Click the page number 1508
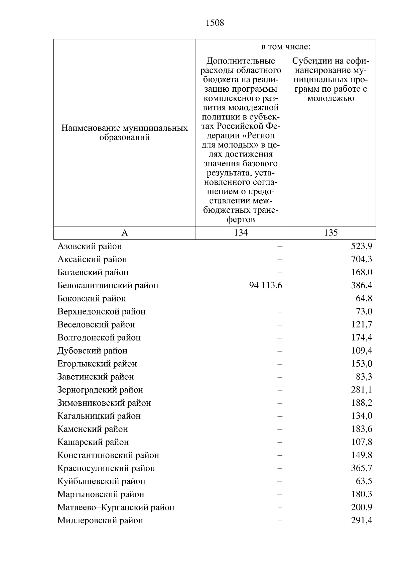(x=215, y=23)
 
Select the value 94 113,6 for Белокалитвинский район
(x=266, y=285)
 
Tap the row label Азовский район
(x=90, y=246)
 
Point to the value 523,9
(x=362, y=246)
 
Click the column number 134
(x=241, y=233)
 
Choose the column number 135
(x=331, y=233)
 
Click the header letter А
(x=125, y=233)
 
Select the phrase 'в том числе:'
(x=286, y=47)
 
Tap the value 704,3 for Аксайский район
(x=362, y=259)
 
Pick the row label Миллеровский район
(x=100, y=520)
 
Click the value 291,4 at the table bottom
(x=362, y=520)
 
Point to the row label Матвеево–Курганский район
(x=116, y=507)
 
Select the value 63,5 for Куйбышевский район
(x=364, y=481)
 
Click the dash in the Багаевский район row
(x=280, y=272)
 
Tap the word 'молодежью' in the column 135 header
(x=331, y=98)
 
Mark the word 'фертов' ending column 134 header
(x=241, y=219)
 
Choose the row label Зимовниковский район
(x=104, y=403)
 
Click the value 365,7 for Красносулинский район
(x=362, y=468)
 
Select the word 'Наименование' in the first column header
(x=91, y=128)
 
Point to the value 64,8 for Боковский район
(x=364, y=298)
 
